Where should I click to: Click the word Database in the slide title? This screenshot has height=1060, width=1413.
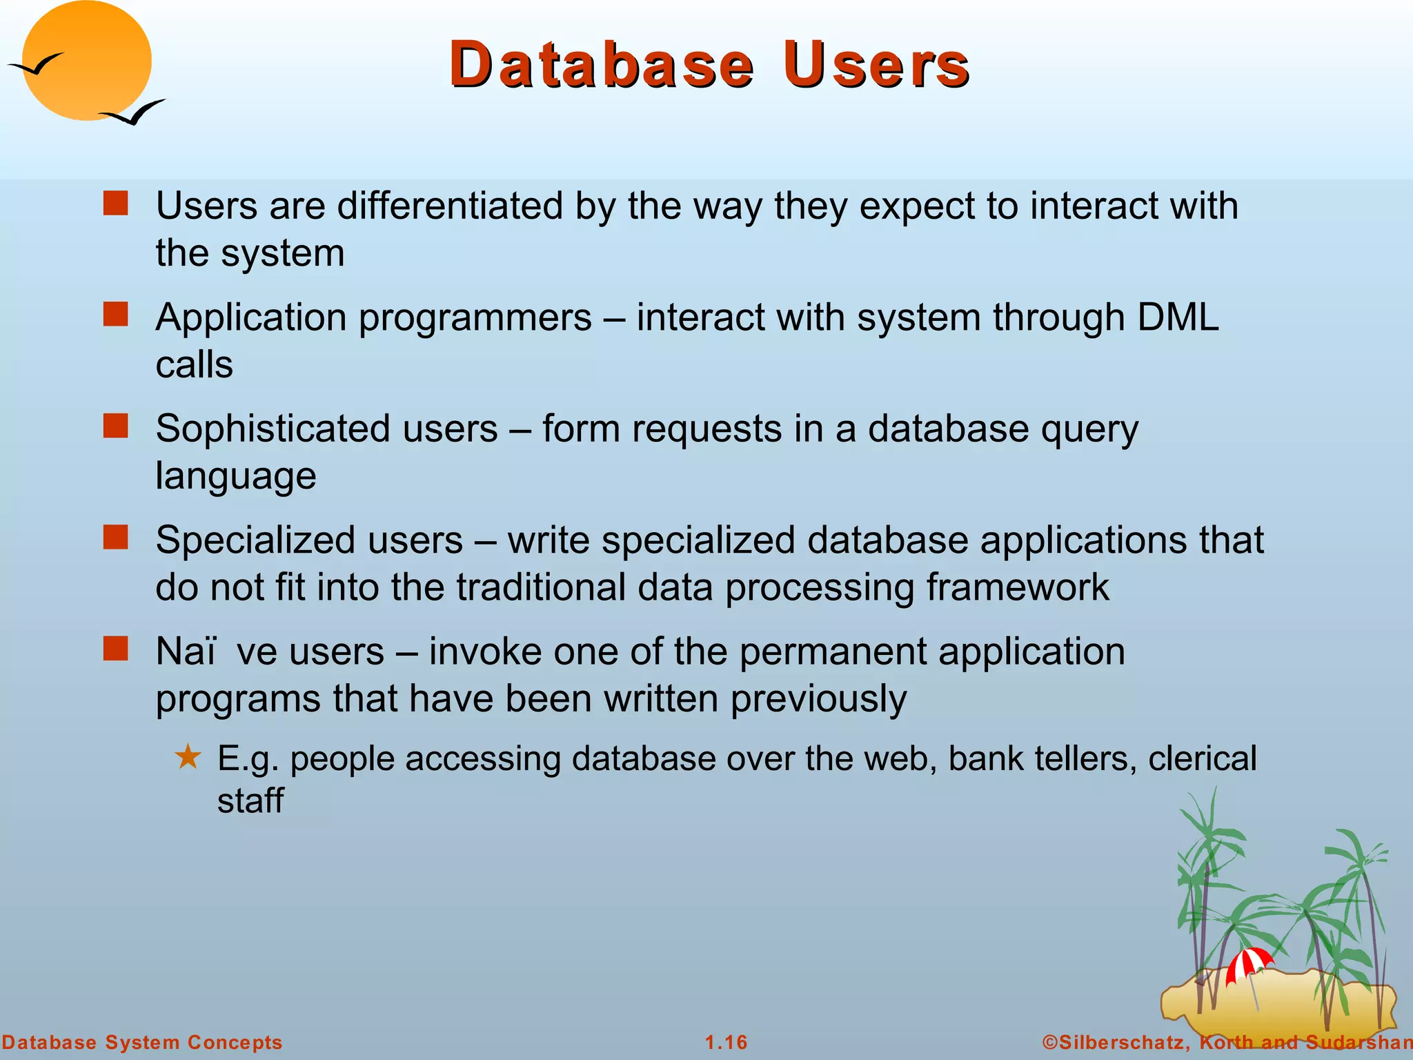pos(602,65)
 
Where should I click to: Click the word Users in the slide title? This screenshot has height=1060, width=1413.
pos(876,65)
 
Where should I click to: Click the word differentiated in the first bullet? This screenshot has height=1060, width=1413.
pos(450,206)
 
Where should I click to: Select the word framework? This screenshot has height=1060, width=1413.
pos(1017,587)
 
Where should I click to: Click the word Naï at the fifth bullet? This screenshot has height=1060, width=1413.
pos(186,651)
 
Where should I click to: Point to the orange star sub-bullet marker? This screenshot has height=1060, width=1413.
pos(188,758)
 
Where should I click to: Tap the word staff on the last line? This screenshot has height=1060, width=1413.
pos(250,801)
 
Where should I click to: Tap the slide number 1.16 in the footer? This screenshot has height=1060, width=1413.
pos(726,1042)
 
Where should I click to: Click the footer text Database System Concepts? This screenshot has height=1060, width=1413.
pos(142,1042)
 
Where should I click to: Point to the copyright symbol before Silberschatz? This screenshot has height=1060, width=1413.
pos(1049,1042)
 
